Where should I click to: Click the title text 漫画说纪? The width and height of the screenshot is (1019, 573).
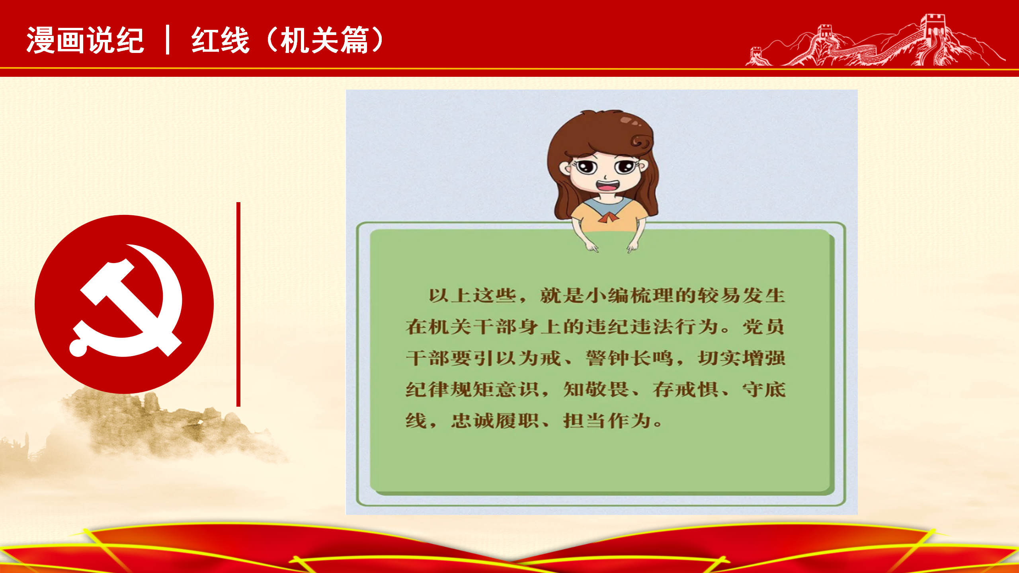click(x=85, y=40)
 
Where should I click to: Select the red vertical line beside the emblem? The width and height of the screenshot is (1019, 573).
click(x=238, y=304)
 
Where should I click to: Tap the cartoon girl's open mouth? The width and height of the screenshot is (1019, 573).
click(x=607, y=186)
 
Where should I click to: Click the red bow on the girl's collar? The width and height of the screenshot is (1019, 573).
click(x=607, y=217)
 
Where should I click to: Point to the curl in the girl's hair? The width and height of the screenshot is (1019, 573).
click(x=641, y=142)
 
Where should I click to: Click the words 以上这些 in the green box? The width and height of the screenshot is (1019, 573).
click(x=472, y=296)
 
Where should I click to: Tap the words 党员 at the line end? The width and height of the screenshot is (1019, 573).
click(x=763, y=327)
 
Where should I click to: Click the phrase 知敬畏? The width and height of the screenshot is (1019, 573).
click(x=596, y=389)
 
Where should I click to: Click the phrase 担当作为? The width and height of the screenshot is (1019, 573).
click(x=607, y=421)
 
